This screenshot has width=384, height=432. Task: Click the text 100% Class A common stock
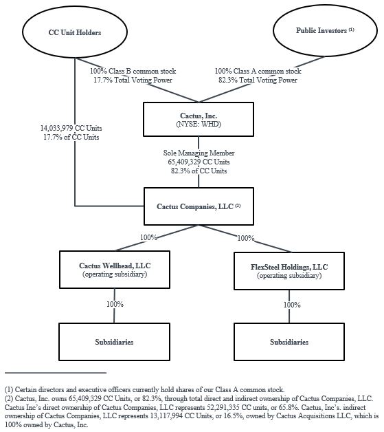coord(258,71)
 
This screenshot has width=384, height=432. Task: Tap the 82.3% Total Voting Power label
coord(258,80)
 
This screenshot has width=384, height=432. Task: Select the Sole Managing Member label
coord(197,153)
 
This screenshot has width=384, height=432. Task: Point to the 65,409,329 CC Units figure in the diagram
coord(197,162)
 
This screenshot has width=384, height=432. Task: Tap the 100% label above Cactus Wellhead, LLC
coord(148,237)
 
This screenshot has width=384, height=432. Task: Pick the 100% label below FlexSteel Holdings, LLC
coord(292,304)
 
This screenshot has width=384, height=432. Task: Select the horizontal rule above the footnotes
coord(55,372)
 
